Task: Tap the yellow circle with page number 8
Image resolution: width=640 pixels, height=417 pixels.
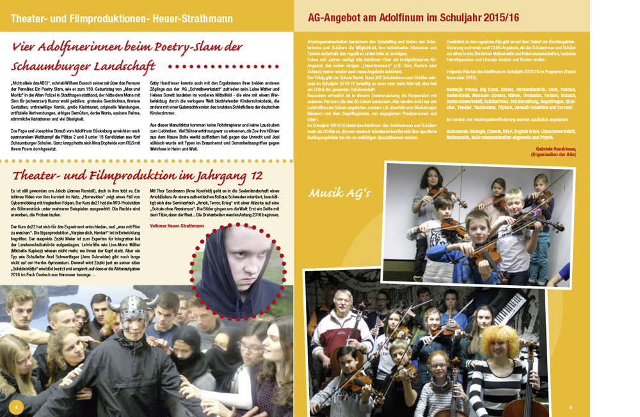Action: pos(17,407)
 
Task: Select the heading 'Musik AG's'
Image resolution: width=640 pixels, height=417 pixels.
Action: pos(339,193)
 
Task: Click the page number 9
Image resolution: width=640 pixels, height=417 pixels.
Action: pos(570,407)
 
